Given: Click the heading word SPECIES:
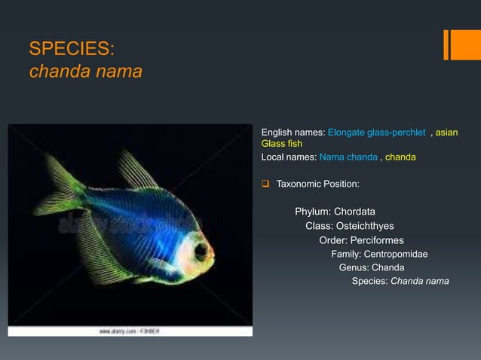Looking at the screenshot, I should click(72, 50).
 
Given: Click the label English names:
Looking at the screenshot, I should click(293, 133).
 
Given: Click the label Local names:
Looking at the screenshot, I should click(289, 157).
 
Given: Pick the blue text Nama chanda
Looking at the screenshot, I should click(348, 157).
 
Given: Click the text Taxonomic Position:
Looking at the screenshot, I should click(317, 184).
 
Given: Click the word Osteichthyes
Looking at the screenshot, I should click(360, 226).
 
